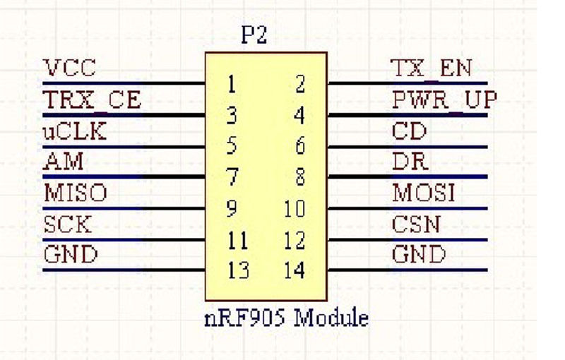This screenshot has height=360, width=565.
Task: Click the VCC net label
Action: tap(69, 69)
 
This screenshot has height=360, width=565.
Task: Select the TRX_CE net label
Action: tap(92, 100)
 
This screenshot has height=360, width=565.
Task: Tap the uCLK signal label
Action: tap(75, 132)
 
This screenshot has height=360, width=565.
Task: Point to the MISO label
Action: tap(75, 193)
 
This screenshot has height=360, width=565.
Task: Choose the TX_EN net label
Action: tap(431, 69)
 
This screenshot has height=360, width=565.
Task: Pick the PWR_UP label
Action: tap(444, 100)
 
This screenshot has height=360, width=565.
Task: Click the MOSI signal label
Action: tap(423, 193)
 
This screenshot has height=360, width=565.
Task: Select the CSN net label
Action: tap(416, 224)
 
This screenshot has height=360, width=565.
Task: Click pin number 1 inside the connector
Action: tap(231, 85)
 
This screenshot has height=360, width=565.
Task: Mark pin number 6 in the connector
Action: tap(299, 147)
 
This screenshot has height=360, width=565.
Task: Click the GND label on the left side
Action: tap(69, 255)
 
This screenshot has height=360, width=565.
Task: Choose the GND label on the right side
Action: tap(419, 255)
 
